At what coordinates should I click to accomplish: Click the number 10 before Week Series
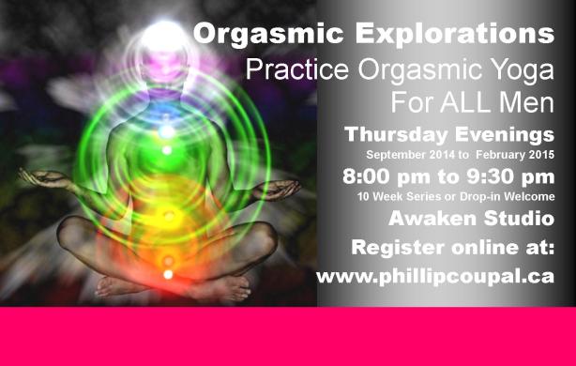pyautogui.click(x=363, y=196)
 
